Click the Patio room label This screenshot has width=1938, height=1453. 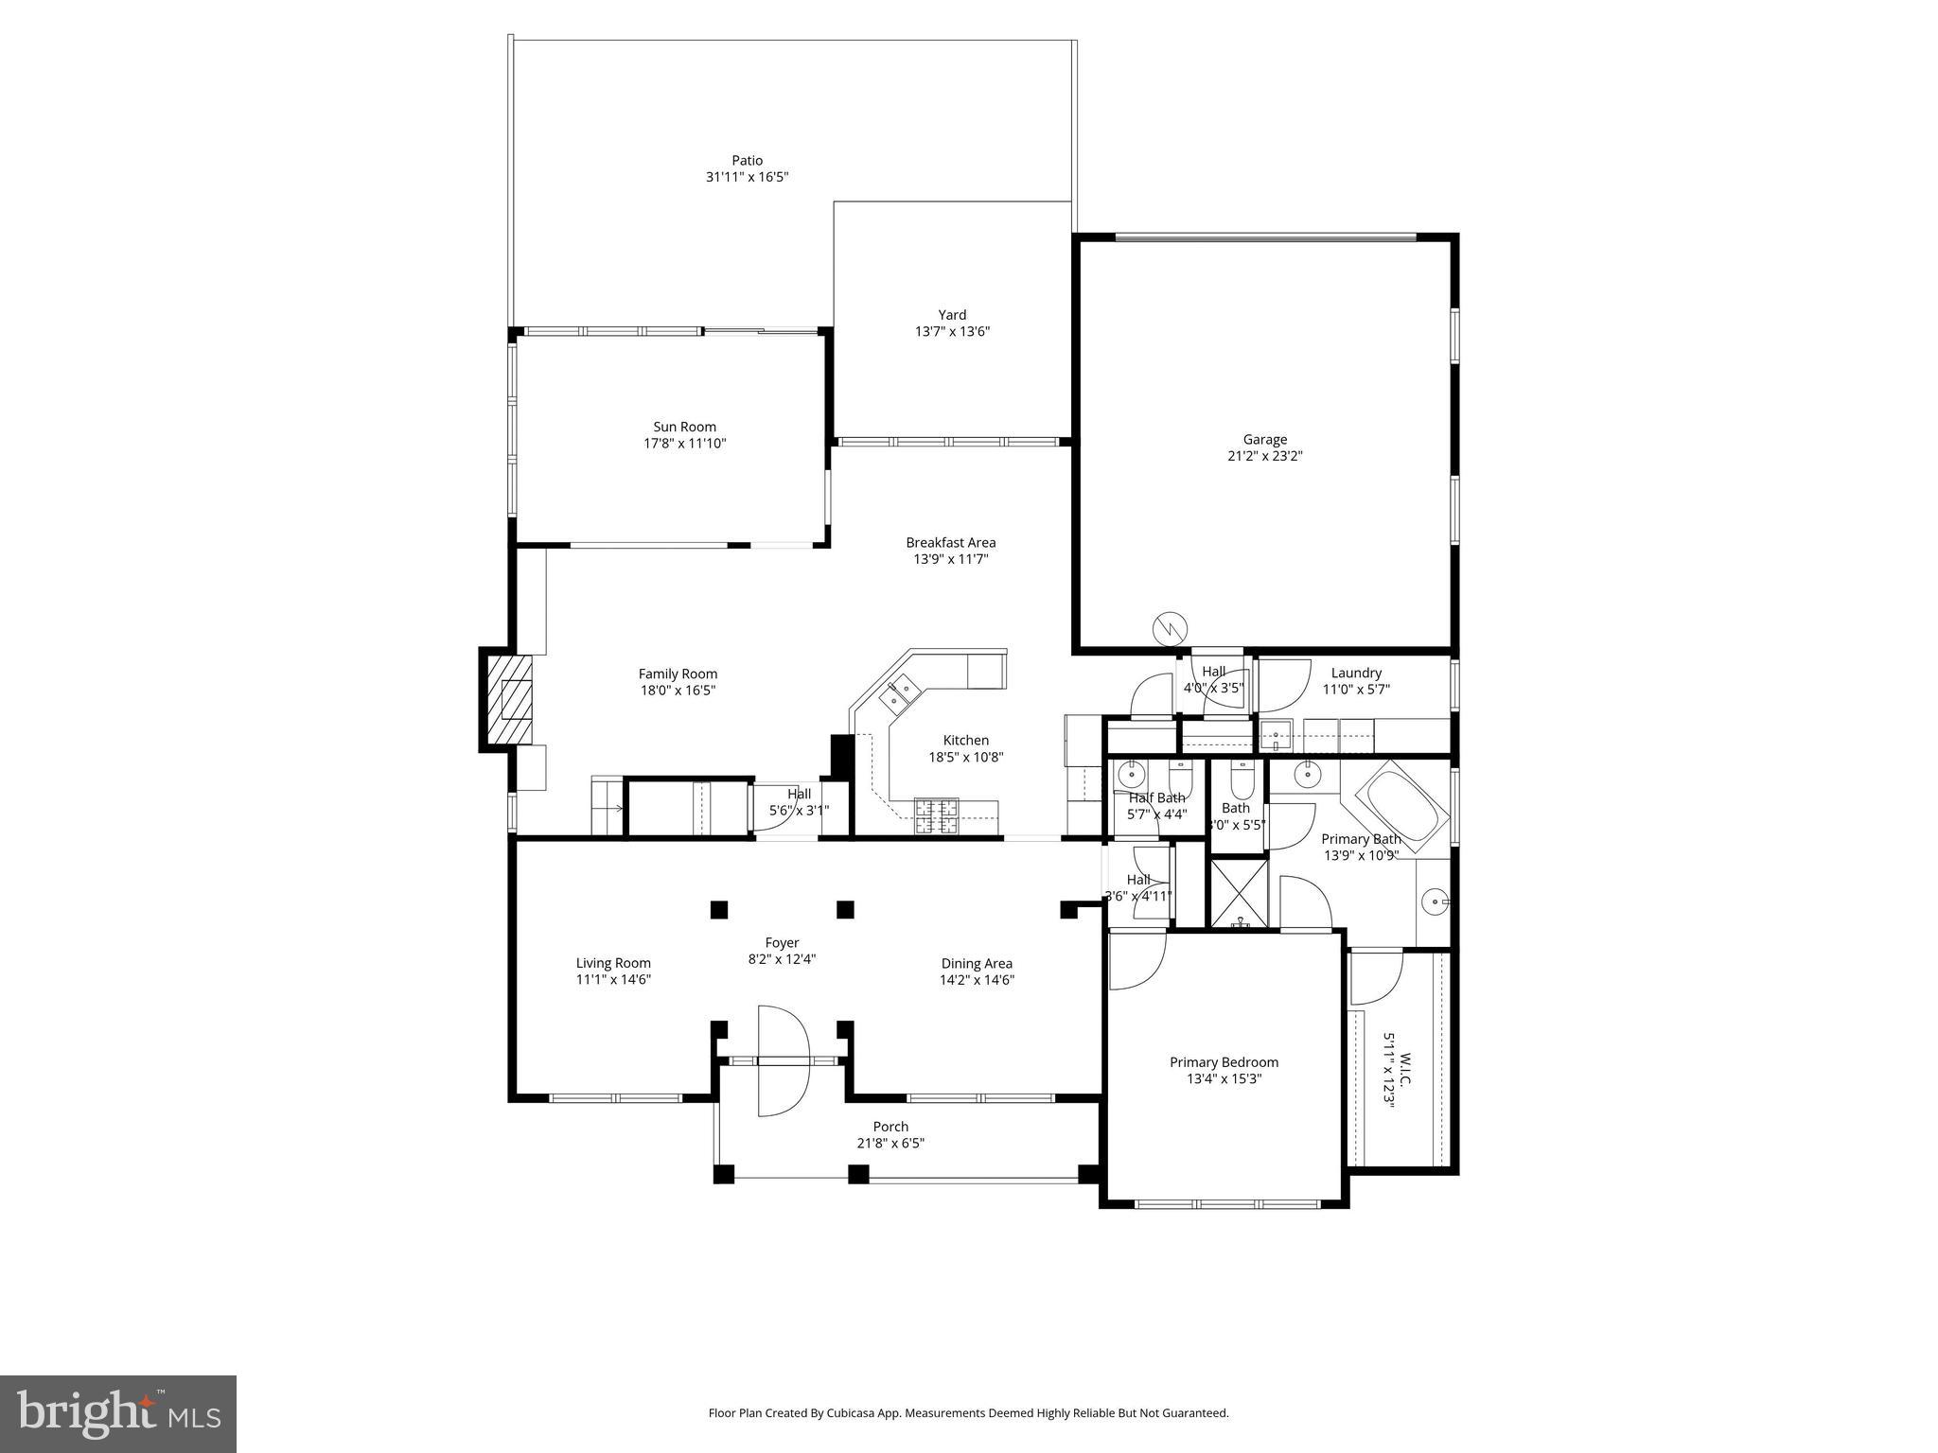coord(747,161)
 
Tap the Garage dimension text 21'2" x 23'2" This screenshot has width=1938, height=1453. coord(1264,456)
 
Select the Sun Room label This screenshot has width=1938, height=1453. coord(684,427)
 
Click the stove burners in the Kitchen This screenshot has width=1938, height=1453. coord(935,816)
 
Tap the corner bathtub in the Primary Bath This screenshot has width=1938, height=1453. coord(1402,812)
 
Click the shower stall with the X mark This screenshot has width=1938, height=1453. coord(1239,890)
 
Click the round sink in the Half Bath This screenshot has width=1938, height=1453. coord(1131,776)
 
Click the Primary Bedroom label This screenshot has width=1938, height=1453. coord(1224,1062)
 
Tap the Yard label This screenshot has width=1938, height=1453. coord(952,315)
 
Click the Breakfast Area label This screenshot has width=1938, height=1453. coord(950,543)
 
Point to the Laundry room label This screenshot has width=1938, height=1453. coord(1356,674)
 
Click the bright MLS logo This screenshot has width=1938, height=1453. coord(118,1413)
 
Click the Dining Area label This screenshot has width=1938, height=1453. coord(977,964)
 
